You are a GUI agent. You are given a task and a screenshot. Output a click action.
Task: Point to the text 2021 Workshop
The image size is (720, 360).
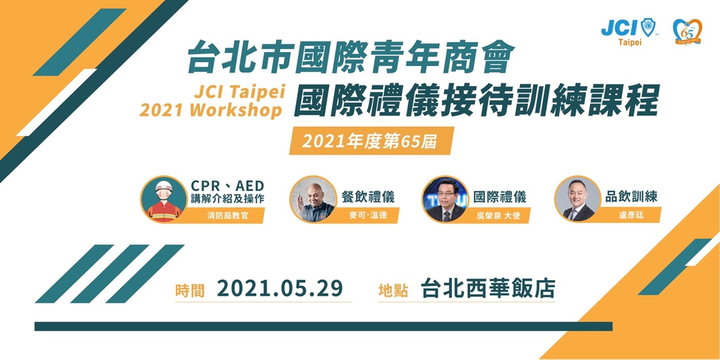coord(211,109)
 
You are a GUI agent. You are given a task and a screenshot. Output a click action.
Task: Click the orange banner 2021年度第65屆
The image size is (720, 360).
coord(363,141)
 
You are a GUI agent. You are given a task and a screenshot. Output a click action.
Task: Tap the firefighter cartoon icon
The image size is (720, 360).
coord(163,199)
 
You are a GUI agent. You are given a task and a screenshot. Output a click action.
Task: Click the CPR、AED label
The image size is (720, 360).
coord(227,185)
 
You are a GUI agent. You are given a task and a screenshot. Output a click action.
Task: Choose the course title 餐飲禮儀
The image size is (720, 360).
coord(367,197)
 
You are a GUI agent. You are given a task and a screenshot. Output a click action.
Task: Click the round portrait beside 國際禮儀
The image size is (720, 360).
coord(444,199)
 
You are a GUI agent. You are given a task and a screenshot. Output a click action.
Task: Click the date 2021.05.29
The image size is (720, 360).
coord(280,289)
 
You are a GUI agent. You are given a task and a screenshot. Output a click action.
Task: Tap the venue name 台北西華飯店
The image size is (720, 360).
coord(488,289)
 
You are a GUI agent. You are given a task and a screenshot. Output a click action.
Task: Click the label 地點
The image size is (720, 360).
coord(393,290)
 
